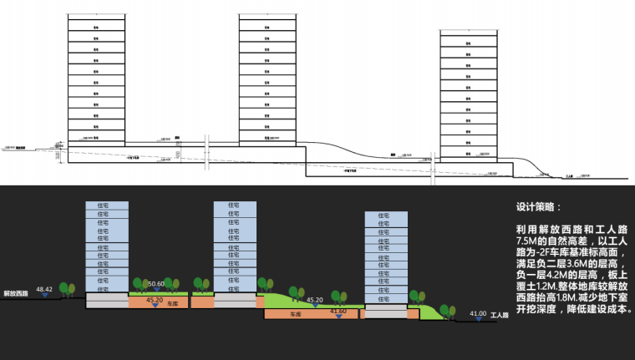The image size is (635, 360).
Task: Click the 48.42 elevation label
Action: click(44, 289)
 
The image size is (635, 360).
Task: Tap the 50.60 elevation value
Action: click(155, 284)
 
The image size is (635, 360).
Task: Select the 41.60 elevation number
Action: click(338, 312)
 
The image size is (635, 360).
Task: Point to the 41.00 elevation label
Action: click(478, 314)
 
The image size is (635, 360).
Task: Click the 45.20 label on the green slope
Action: click(315, 299)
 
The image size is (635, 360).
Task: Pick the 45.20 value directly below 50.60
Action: click(155, 299)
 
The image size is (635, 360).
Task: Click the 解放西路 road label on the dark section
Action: click(16, 293)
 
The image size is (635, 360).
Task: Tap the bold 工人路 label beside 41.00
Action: click(500, 316)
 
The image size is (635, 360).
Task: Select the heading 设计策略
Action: click(539, 206)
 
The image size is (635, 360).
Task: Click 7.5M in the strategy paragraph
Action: click(527, 240)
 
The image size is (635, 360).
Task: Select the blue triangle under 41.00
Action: click(479, 319)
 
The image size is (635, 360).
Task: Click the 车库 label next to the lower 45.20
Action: click(174, 304)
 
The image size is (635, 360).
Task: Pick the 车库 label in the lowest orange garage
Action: click(294, 315)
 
